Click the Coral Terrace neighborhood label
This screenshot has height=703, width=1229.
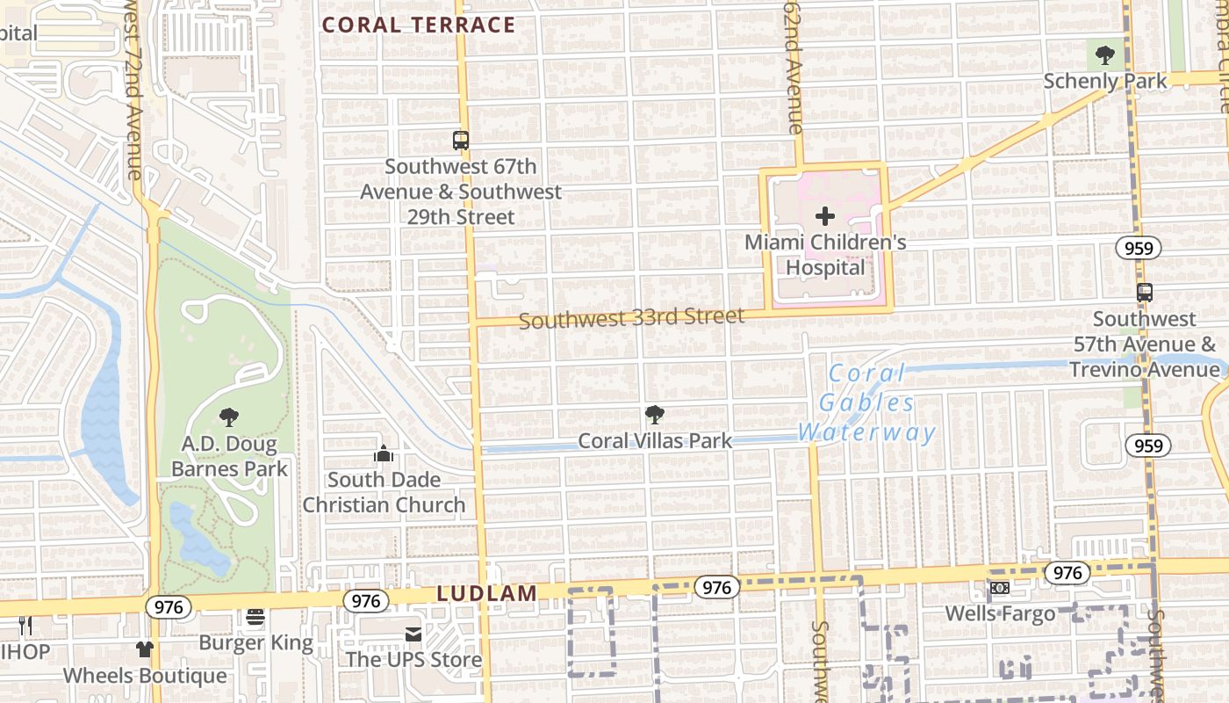[419, 25]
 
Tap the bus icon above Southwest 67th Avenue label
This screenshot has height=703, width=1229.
[460, 140]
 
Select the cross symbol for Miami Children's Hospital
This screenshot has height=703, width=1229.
[825, 215]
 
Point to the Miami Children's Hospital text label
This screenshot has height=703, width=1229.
[825, 254]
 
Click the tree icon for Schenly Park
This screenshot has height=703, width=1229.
[1105, 56]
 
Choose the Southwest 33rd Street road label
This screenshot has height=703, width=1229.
[631, 318]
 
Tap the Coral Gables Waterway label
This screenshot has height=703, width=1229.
[866, 402]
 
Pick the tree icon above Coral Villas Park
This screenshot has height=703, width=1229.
[654, 415]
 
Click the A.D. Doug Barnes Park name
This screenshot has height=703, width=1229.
[229, 456]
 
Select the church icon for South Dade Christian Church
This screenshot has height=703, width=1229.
[384, 453]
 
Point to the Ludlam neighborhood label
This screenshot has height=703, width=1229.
[487, 593]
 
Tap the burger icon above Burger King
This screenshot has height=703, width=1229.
[255, 617]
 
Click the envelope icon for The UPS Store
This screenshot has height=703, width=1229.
[413, 634]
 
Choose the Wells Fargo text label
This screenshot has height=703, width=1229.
[1000, 612]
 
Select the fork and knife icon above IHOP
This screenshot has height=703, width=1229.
[25, 626]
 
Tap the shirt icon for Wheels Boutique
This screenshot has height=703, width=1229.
[145, 649]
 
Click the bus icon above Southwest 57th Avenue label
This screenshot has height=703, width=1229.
[1145, 293]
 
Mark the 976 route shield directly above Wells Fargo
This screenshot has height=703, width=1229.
[1067, 573]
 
